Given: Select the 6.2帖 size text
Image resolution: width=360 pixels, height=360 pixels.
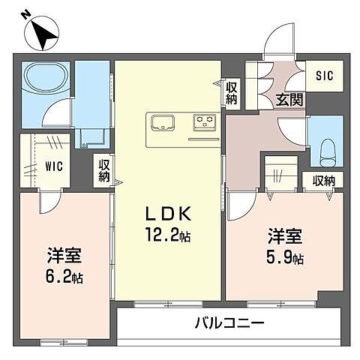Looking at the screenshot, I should [x=62, y=277].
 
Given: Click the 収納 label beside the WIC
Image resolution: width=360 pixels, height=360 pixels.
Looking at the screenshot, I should [x=103, y=170].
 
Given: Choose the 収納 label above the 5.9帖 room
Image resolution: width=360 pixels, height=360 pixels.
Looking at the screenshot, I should [x=324, y=180].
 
